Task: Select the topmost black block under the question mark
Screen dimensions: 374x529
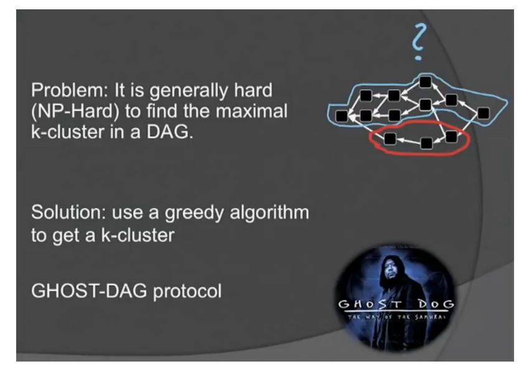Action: coord(425,82)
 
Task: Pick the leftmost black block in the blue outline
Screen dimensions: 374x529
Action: coord(341,115)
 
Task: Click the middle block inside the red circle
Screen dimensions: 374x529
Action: coord(426,143)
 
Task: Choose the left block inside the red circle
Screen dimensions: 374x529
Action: coord(390,138)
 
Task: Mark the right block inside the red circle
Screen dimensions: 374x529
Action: coord(451,136)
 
